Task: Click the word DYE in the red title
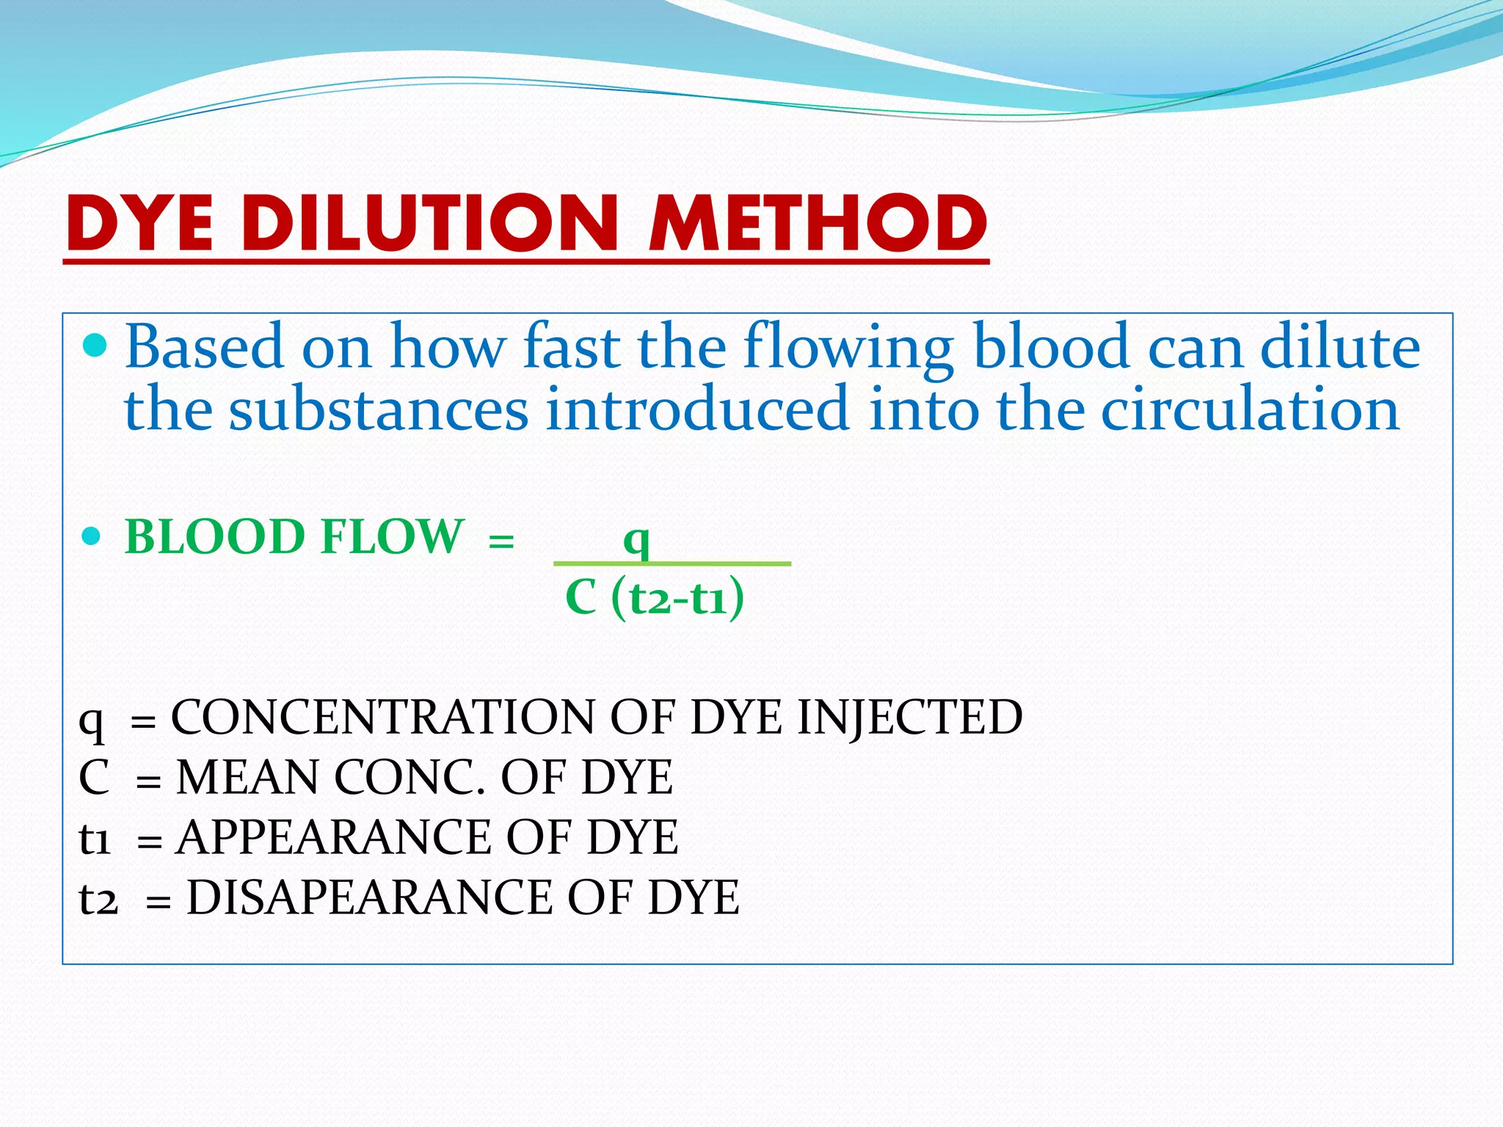139,223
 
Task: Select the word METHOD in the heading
818,223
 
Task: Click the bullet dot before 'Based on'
95,344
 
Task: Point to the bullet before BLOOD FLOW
91,537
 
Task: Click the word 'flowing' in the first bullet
848,348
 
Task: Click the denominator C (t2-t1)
655,597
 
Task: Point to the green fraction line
672,563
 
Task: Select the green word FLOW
393,536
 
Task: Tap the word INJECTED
909,717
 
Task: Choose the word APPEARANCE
333,837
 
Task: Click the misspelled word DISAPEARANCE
369,897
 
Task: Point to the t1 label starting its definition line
95,839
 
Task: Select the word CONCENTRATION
382,717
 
